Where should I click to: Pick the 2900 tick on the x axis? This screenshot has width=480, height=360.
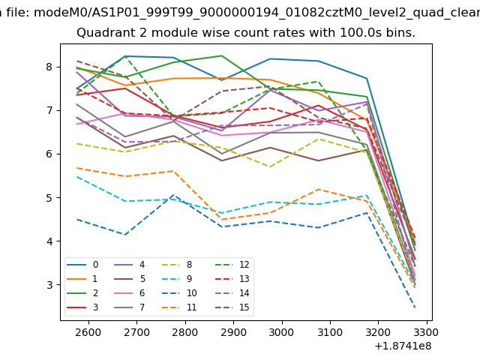233,331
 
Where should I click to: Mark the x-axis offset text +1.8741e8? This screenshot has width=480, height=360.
402,346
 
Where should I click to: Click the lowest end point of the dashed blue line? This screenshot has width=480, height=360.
415,307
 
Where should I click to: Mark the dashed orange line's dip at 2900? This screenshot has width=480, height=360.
222,220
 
